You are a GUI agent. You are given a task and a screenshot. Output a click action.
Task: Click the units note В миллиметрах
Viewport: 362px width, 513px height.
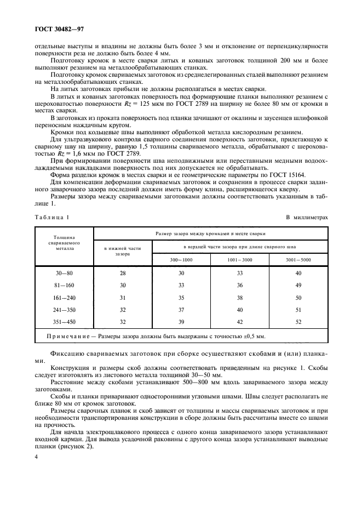pyautogui.click(x=307, y=217)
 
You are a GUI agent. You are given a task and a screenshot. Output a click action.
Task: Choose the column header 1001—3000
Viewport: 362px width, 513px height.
pyautogui.click(x=239, y=259)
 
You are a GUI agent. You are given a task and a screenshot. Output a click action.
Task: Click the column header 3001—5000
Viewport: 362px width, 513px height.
pyautogui.click(x=298, y=259)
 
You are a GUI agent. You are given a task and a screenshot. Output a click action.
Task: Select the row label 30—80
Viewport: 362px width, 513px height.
pyautogui.click(x=65, y=272)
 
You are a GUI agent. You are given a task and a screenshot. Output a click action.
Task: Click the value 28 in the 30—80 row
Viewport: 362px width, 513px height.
pyautogui.click(x=123, y=272)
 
